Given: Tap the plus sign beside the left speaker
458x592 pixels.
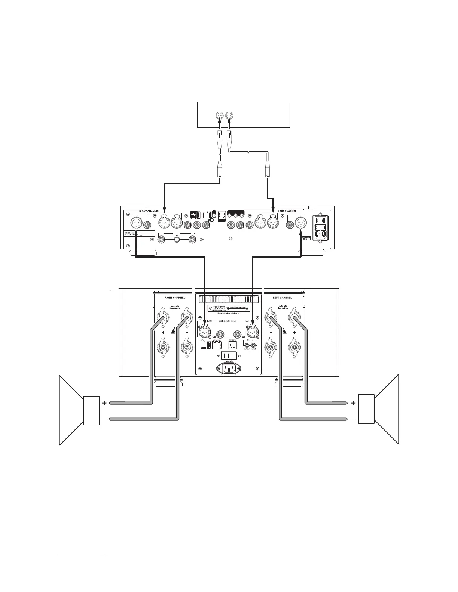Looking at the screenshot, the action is pyautogui.click(x=104, y=403).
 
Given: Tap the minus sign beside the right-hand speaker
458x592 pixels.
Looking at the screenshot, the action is pyautogui.click(x=354, y=419).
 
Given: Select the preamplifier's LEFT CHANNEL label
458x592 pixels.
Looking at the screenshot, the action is pyautogui.click(x=287, y=211).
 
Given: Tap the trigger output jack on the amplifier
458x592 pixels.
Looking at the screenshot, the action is pyautogui.click(x=247, y=346).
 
